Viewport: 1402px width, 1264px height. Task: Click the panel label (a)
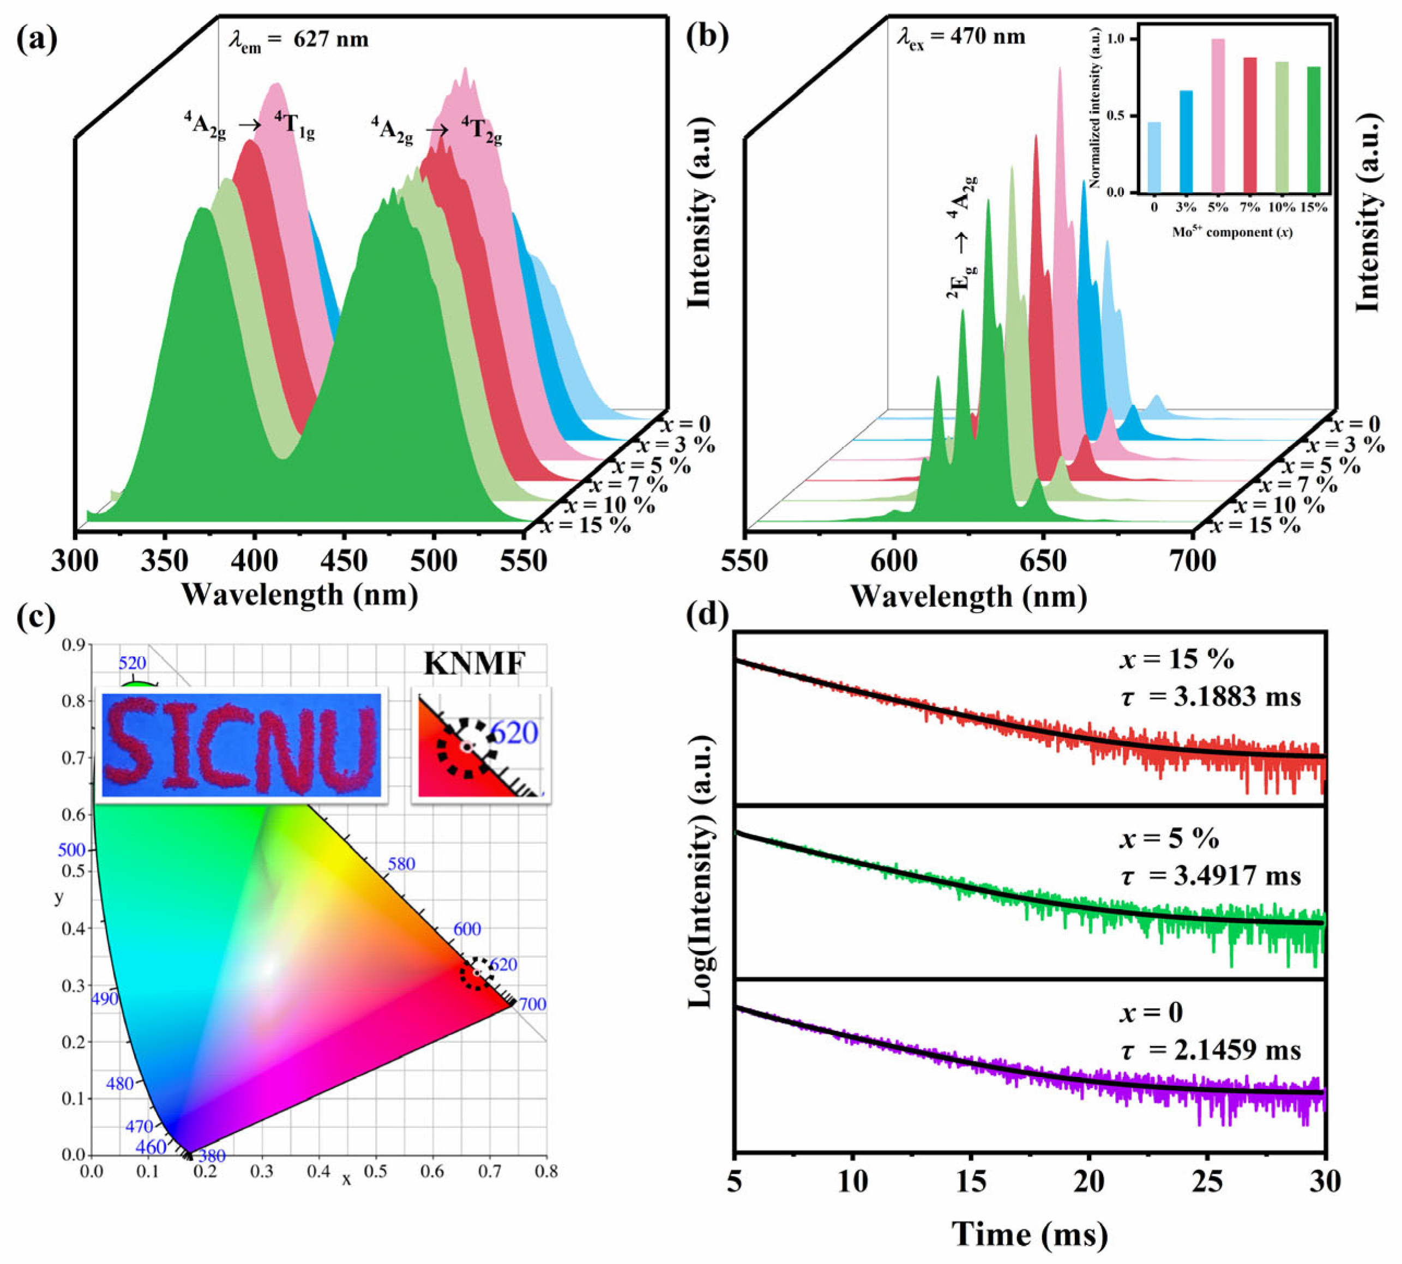coord(36,38)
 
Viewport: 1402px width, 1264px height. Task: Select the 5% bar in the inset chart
coord(1218,116)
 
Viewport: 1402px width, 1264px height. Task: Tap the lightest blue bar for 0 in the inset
coord(1154,157)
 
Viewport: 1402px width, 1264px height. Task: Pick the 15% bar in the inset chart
coord(1313,129)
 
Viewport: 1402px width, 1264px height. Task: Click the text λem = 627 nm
coord(299,40)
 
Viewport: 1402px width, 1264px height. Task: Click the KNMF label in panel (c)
coord(474,664)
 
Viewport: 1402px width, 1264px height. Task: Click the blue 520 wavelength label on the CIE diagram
coord(132,663)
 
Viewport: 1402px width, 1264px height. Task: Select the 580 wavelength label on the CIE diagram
coord(401,864)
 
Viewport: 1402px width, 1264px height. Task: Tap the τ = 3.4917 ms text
coord(1210,876)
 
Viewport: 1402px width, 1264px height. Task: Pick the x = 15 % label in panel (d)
coord(1176,659)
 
